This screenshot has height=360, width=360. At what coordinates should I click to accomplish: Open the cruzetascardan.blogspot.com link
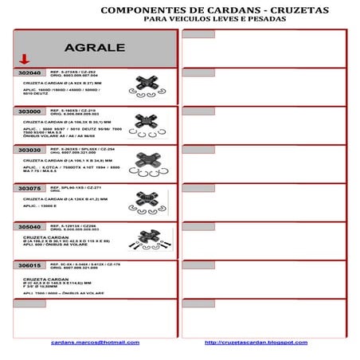click(x=256, y=342)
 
